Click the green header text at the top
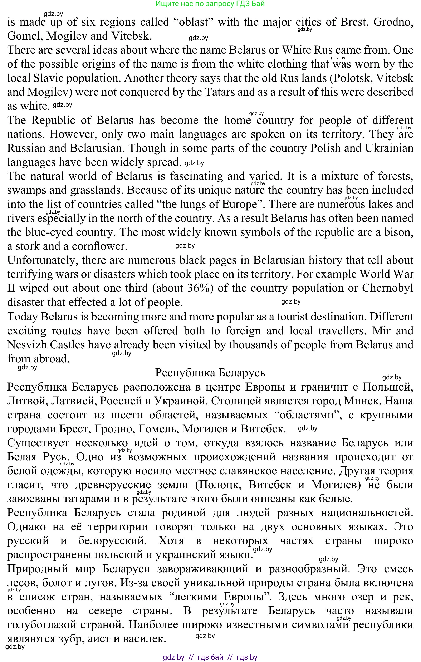click(x=210, y=4)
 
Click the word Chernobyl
click(x=387, y=288)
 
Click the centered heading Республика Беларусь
click(x=210, y=373)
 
